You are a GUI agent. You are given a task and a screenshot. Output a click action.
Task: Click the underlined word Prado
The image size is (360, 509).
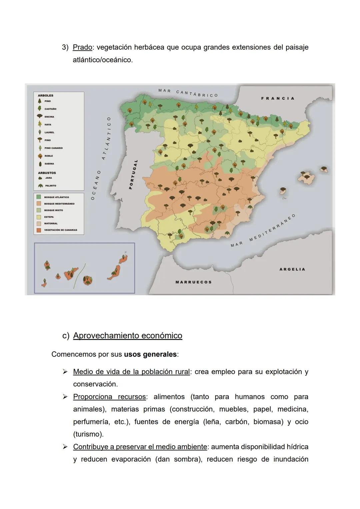(82, 47)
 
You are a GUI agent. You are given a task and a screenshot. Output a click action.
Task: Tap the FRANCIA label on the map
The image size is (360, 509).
(278, 98)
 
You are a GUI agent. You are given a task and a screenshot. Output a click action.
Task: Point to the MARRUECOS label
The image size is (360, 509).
(193, 282)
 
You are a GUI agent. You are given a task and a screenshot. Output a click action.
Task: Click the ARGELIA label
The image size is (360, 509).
(292, 269)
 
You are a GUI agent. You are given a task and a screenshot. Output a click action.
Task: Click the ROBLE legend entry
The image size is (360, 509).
(48, 156)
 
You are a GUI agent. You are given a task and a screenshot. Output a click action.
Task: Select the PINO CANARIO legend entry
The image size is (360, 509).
(53, 148)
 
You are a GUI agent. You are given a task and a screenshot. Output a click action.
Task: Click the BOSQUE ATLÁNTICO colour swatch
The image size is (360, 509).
(39, 197)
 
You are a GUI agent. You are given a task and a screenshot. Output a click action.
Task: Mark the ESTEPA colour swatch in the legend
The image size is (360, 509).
(39, 217)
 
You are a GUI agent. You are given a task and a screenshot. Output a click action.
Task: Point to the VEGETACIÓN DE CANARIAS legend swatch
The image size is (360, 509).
(39, 230)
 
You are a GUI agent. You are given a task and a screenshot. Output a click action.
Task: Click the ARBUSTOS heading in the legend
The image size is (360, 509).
(47, 173)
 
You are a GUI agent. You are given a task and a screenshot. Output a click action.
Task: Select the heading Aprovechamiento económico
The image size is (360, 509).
(128, 336)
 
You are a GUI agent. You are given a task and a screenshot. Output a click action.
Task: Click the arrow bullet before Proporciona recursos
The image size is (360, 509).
(66, 397)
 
